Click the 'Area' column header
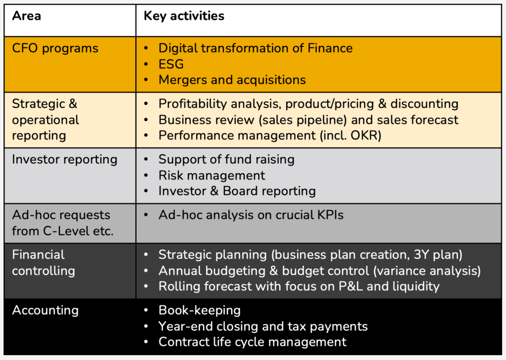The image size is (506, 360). point(27,16)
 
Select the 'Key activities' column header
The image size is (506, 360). point(184,16)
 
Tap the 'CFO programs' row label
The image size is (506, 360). point(55,48)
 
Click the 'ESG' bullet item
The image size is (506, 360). point(171,64)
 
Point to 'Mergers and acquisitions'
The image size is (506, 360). point(232,80)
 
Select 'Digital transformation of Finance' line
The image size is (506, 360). point(255,48)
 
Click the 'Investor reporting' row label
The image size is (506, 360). point(65,160)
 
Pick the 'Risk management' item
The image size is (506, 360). point(211,176)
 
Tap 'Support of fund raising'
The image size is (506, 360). point(226,160)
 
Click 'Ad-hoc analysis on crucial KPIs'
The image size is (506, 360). point(251,215)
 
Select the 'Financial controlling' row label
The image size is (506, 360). point(43,263)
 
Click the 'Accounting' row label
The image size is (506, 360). point(45,311)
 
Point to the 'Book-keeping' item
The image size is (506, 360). point(200,311)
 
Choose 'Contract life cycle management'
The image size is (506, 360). point(252,342)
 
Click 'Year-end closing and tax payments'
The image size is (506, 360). point(263,326)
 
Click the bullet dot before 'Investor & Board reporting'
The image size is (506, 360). point(146,191)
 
